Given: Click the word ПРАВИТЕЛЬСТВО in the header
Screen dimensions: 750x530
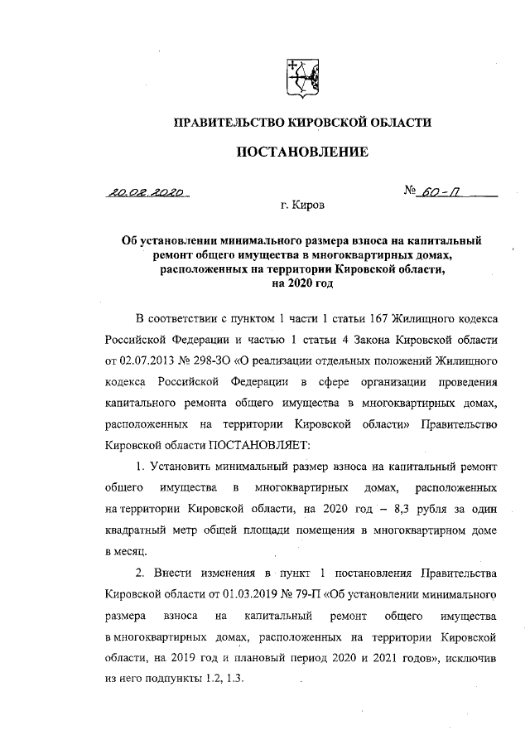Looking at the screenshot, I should pyautogui.click(x=226, y=123).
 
